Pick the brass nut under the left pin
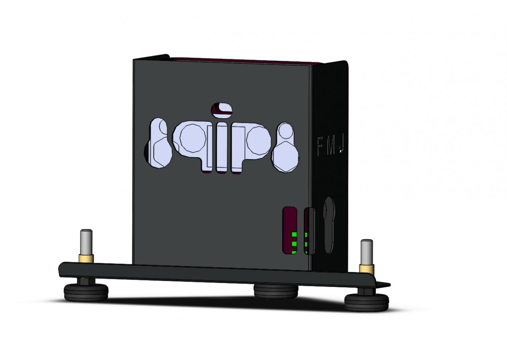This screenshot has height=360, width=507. click(x=86, y=258)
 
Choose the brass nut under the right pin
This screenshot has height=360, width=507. click(x=367, y=268)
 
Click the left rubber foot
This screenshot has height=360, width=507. click(x=86, y=292)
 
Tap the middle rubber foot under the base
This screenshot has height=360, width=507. click(x=276, y=291)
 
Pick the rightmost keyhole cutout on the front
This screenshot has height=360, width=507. click(x=286, y=148)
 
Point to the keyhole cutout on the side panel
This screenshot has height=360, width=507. click(x=329, y=224)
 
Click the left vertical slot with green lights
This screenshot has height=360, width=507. click(x=290, y=231)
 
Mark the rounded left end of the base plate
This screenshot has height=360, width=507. click(x=61, y=269)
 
